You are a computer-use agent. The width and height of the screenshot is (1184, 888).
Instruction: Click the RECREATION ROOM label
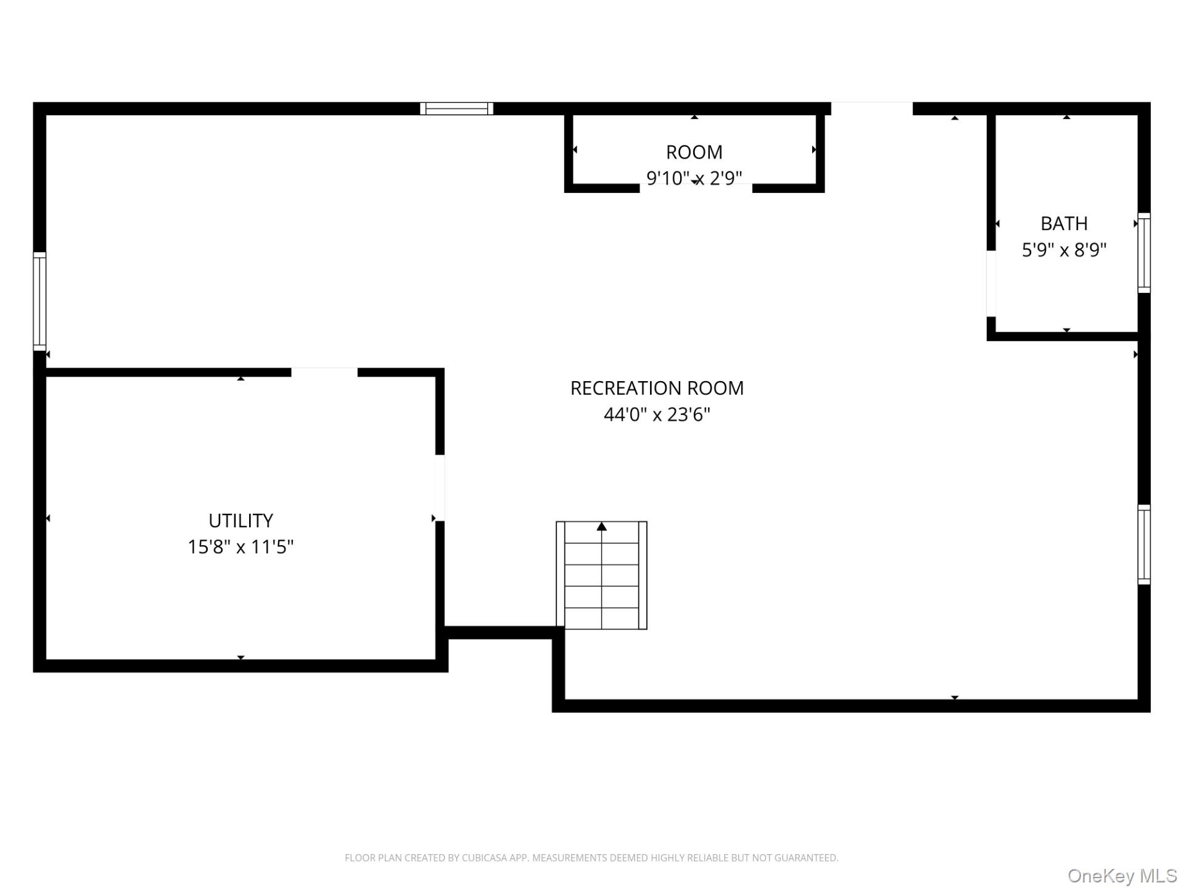coord(657,388)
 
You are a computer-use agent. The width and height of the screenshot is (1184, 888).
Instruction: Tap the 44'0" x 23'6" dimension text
coord(657,414)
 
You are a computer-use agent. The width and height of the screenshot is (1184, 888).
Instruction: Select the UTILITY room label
coord(240,520)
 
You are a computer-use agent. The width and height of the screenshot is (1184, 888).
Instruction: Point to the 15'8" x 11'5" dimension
coord(240,547)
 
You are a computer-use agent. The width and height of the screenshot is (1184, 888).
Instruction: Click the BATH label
coord(1064,223)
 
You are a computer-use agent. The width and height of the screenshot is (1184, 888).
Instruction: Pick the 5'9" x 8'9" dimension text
coord(1064,250)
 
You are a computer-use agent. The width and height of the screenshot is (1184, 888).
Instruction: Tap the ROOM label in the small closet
coord(694,152)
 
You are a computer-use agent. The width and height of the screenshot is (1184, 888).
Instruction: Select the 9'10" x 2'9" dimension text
coord(694,178)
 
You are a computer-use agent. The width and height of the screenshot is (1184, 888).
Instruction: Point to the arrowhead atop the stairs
coord(602,527)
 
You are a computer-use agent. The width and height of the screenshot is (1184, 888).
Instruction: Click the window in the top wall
coord(456,109)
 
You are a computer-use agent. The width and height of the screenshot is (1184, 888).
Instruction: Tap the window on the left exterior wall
coord(39,301)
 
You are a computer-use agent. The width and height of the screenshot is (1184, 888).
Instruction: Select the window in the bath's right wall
coord(1144,253)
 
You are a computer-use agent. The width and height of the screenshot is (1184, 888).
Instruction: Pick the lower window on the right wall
coord(1144,545)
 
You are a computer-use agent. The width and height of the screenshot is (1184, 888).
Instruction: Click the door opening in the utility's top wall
coord(324,372)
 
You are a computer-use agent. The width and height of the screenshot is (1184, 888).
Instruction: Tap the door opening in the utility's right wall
coord(440,488)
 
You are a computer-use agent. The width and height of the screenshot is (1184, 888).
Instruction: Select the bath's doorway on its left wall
coord(991,284)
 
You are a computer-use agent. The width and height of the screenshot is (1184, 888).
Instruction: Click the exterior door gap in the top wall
coord(871,109)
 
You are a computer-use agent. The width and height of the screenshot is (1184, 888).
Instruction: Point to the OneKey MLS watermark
coord(1122,876)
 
